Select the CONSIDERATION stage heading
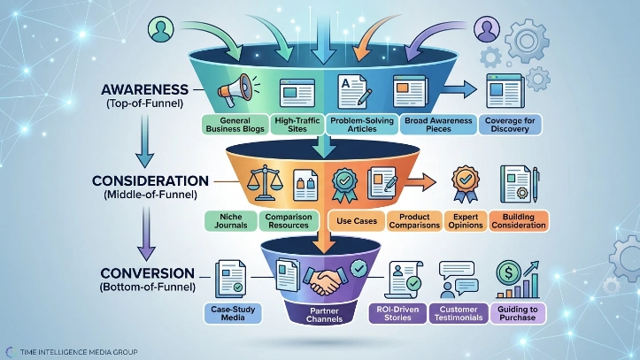(x=143, y=180)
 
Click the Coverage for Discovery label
(x=511, y=124)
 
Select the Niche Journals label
(x=229, y=220)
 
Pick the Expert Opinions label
(x=461, y=220)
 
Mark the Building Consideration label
(x=518, y=220)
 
